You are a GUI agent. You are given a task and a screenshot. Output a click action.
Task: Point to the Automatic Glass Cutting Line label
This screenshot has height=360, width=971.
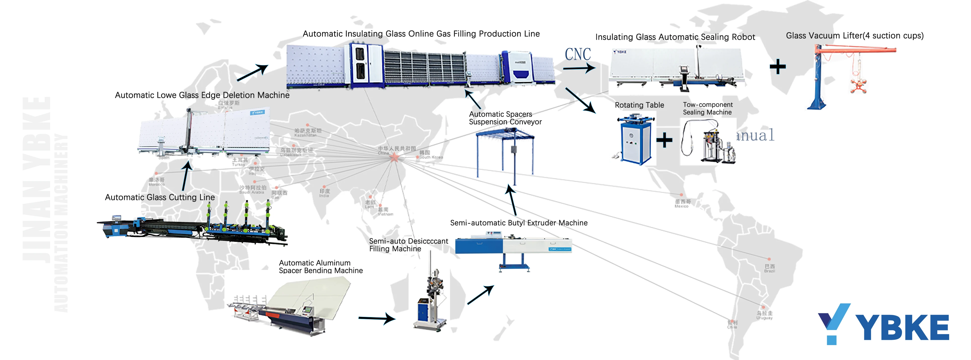[x=160, y=197]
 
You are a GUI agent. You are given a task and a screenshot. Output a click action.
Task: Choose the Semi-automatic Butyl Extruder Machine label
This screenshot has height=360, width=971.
[x=519, y=223]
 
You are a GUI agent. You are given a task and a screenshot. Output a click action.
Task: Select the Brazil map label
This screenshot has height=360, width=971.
[x=769, y=268]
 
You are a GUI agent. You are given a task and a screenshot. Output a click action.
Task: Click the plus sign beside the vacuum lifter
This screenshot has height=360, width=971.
[x=778, y=67]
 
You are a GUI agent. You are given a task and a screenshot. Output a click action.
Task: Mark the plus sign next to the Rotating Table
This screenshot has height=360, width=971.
[x=664, y=140]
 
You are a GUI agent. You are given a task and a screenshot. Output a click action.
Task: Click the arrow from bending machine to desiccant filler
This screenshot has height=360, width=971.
[x=377, y=319]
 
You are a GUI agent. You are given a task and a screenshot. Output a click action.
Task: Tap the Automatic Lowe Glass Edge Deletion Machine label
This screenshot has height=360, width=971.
[x=202, y=95]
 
